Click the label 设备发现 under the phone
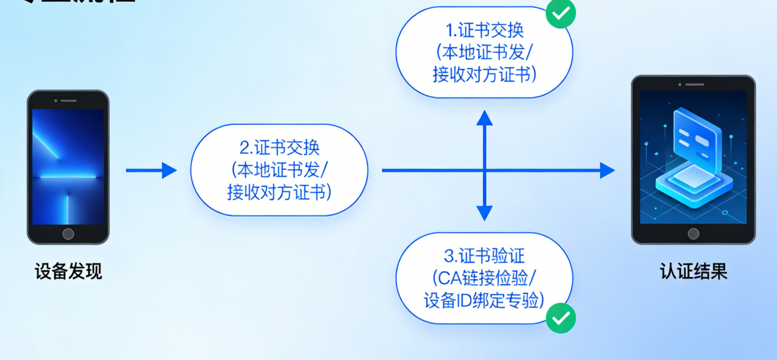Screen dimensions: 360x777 tap(68, 272)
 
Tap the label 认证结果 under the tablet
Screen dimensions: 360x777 tap(693, 272)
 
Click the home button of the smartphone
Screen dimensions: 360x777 tap(68, 234)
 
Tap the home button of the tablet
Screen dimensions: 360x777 tap(693, 234)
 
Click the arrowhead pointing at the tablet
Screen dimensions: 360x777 tap(607, 170)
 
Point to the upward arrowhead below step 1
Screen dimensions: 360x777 tap(484, 117)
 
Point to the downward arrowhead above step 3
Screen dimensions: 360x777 tap(484, 213)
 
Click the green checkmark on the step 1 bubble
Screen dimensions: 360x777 tap(560, 14)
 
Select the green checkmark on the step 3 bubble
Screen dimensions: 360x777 tap(560, 318)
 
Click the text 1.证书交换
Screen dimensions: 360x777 tap(484, 30)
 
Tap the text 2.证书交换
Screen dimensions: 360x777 tap(279, 148)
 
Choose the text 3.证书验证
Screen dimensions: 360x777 tap(484, 256)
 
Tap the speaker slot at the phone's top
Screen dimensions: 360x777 tap(68, 101)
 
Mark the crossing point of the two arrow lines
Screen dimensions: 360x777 tap(484, 170)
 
